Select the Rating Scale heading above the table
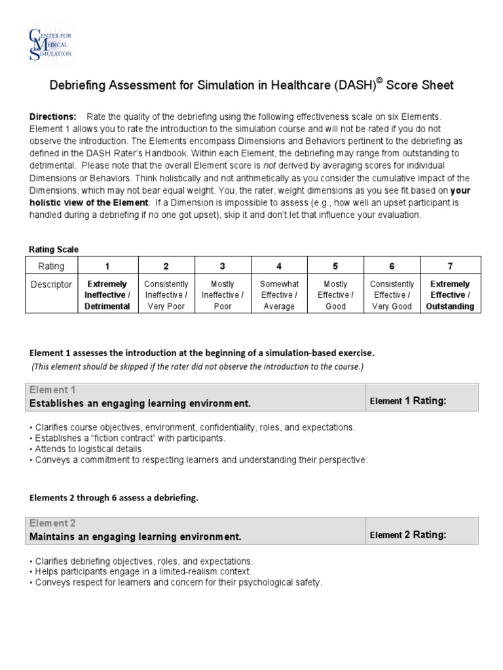(53, 249)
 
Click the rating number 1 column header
(108, 266)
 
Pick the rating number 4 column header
(279, 266)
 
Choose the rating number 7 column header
(450, 266)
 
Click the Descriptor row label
(52, 285)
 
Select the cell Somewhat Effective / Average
(279, 295)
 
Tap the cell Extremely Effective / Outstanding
(450, 295)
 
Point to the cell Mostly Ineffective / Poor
(223, 295)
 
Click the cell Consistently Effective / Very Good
(392, 295)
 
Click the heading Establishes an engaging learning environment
(140, 404)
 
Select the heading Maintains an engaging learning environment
(136, 537)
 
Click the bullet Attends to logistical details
(86, 449)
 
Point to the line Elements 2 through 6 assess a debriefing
(113, 498)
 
